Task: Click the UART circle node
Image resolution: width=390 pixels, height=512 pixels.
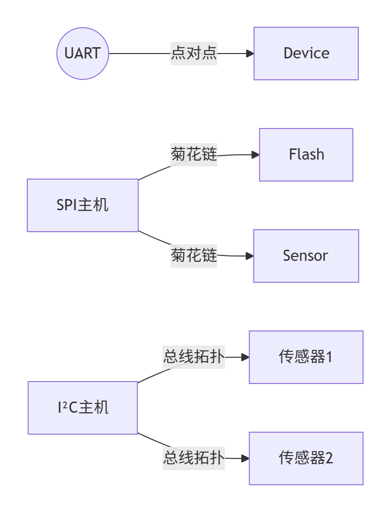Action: pos(82,54)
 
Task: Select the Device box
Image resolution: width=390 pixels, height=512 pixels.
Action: pos(306,54)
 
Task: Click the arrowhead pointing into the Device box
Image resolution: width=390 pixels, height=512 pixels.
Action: pos(250,54)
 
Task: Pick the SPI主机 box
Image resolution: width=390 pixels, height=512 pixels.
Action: pos(82,205)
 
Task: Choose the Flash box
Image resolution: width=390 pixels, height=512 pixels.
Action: pos(306,155)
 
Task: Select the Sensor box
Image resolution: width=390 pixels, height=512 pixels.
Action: pos(306,256)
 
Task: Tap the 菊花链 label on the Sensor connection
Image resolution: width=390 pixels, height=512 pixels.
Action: pos(194,255)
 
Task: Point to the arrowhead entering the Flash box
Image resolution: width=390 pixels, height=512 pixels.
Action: pos(255,155)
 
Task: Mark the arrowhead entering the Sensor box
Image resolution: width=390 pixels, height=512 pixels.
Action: pos(250,256)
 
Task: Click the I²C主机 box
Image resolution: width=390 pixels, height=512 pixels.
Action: pos(82,407)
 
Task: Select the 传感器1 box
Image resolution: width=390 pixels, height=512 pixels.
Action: pos(306,357)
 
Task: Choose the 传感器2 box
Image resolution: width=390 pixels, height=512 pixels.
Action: pos(306,458)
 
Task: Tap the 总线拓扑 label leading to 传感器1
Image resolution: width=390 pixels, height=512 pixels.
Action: pos(194,357)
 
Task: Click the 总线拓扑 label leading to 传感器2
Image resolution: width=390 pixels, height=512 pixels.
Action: pos(194,458)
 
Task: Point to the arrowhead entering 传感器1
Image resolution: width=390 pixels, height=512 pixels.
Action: pos(245,357)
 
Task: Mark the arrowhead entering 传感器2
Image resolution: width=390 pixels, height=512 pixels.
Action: pos(245,458)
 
